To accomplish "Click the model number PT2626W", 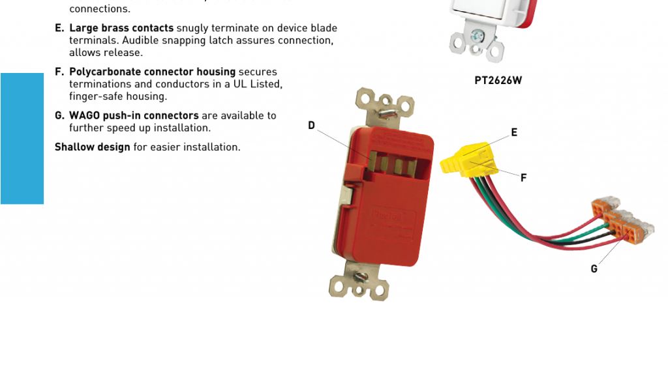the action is click(x=498, y=80).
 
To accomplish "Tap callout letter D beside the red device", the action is click(x=311, y=126).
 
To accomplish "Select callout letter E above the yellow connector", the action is click(x=514, y=132).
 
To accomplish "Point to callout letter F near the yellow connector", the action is click(x=524, y=178).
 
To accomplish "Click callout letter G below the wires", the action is click(x=594, y=269).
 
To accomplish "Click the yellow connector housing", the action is click(x=469, y=160).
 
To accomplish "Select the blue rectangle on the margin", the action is click(x=22, y=139).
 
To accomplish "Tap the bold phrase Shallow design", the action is click(x=93, y=147).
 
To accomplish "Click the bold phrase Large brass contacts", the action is click(x=121, y=28).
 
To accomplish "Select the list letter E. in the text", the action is click(x=59, y=28).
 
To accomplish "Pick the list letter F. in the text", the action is click(x=59, y=72).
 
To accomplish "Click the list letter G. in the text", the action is click(x=59, y=116).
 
